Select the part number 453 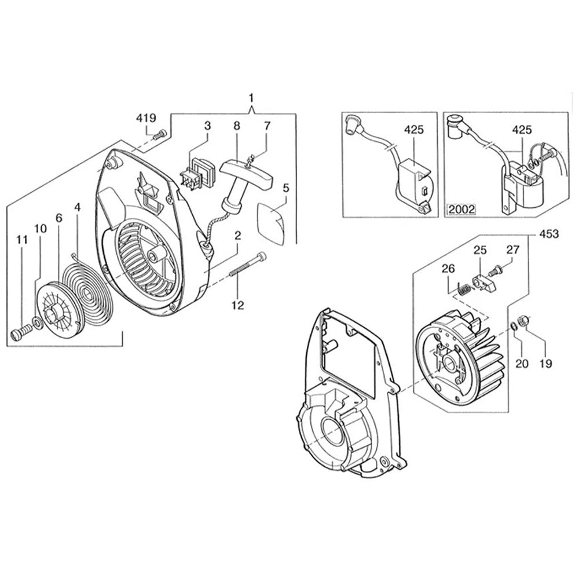548,234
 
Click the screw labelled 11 20,334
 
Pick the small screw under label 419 159,135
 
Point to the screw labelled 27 497,269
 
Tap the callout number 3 206,126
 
